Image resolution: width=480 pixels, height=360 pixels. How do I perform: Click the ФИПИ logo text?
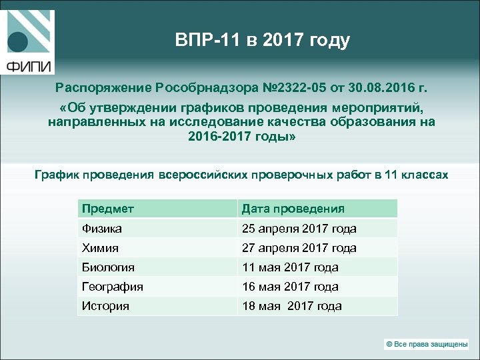28,66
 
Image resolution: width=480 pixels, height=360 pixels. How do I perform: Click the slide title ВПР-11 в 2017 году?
262,40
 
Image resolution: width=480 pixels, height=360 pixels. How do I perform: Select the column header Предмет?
108,209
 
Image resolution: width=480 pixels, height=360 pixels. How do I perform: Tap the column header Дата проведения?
293,209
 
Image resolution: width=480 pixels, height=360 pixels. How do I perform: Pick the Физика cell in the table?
102,229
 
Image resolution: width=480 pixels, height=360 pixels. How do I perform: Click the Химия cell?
100,248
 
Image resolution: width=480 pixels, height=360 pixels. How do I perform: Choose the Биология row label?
108,267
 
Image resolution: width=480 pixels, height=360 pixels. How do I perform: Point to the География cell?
113,287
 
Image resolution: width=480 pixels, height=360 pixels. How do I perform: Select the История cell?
105,307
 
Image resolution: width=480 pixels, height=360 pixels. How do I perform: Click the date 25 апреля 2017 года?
299,229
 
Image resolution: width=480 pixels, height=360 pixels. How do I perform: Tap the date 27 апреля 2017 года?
299,248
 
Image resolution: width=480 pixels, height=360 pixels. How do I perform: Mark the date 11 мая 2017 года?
290,267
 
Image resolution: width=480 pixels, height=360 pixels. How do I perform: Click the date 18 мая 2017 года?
291,307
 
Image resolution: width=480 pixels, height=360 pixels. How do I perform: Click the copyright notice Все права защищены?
427,344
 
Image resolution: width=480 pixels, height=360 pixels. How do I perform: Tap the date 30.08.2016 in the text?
382,87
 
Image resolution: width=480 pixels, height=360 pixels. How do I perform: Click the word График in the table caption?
56,175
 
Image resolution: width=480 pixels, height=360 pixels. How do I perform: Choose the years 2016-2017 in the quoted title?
217,137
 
